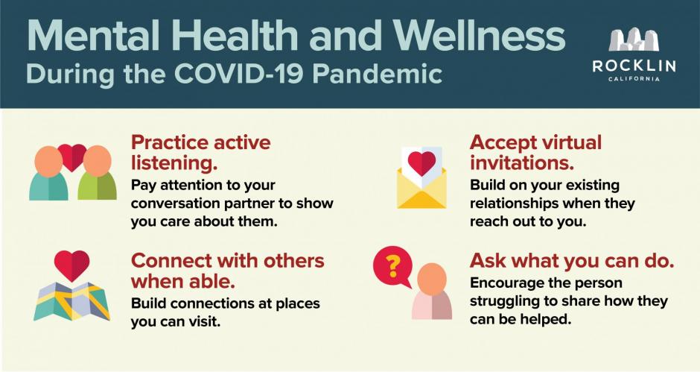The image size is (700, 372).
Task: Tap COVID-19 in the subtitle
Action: tap(239, 73)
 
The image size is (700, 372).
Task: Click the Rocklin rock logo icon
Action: tap(634, 40)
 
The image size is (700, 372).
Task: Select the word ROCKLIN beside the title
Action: tap(634, 66)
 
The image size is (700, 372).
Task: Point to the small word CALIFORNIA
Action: tap(634, 79)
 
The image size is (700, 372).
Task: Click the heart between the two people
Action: tap(72, 157)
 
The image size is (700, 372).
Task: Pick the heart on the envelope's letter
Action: tap(422, 163)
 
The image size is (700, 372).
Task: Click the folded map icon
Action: tap(72, 301)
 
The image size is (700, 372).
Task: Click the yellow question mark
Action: tap(393, 266)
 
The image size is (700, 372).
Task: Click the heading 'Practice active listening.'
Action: tap(200, 153)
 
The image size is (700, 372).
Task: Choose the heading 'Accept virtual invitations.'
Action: tap(535, 153)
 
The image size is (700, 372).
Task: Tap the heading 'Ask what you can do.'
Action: tap(572, 261)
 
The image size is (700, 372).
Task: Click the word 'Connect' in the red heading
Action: tap(165, 261)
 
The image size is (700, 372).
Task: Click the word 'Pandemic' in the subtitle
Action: tap(378, 73)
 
